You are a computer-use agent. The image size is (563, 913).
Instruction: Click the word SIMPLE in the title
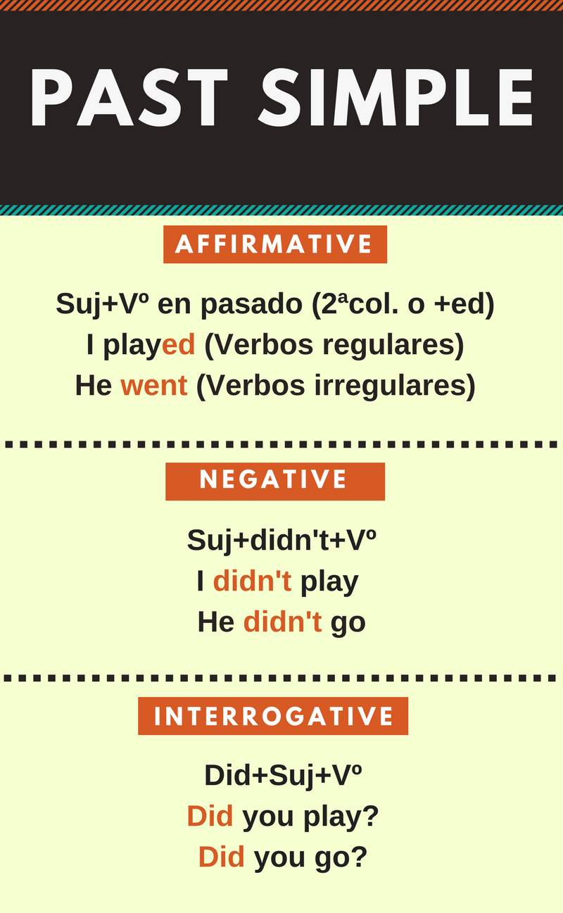click(x=398, y=99)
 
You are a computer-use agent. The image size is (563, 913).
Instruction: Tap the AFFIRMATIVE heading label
click(x=274, y=244)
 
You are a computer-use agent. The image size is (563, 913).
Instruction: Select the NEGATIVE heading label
click(x=274, y=481)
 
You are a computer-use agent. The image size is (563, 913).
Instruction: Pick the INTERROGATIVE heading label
click(x=273, y=716)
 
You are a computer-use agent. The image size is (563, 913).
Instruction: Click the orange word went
click(x=154, y=385)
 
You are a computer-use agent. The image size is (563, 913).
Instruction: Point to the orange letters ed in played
click(x=178, y=345)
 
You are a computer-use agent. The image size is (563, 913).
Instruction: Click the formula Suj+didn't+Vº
click(x=281, y=540)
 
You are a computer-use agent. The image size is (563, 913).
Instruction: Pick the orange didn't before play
click(x=252, y=581)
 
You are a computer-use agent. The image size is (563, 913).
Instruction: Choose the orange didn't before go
click(x=282, y=622)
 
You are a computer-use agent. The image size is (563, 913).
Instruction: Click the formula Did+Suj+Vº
click(x=283, y=775)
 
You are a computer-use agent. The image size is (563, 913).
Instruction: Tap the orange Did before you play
click(x=210, y=816)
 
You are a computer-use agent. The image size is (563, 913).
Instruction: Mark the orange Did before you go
click(x=221, y=857)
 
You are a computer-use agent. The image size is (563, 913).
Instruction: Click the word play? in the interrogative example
click(x=341, y=817)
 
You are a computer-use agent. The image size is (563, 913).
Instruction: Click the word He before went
click(x=94, y=385)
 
